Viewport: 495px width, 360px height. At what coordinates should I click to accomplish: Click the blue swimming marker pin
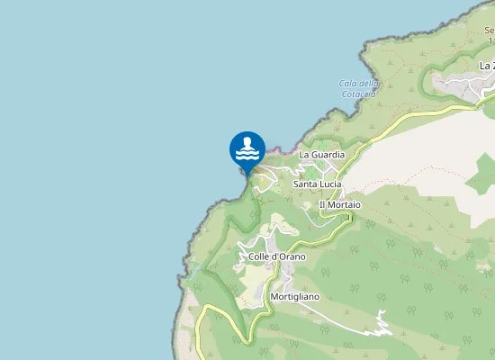pyautogui.click(x=247, y=150)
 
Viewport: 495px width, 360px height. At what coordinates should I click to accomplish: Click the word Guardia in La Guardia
pyautogui.click(x=328, y=155)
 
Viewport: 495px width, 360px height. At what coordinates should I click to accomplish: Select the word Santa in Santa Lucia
pyautogui.click(x=306, y=184)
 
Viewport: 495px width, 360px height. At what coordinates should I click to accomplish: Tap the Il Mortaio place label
pyautogui.click(x=340, y=205)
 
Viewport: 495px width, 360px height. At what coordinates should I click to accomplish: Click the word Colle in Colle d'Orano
pyautogui.click(x=260, y=256)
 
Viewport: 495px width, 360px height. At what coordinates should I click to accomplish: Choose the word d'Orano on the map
pyautogui.click(x=290, y=256)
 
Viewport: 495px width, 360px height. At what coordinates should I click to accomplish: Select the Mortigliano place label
pyautogui.click(x=294, y=296)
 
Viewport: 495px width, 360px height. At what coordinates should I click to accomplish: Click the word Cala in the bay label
pyautogui.click(x=348, y=84)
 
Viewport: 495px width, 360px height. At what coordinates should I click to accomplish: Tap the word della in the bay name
pyautogui.click(x=368, y=84)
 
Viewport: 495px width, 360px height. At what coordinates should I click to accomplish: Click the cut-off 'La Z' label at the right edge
pyautogui.click(x=487, y=66)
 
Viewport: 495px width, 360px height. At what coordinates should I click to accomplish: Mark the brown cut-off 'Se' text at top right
pyautogui.click(x=489, y=31)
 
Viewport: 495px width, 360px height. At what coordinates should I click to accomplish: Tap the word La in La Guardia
pyautogui.click(x=305, y=155)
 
